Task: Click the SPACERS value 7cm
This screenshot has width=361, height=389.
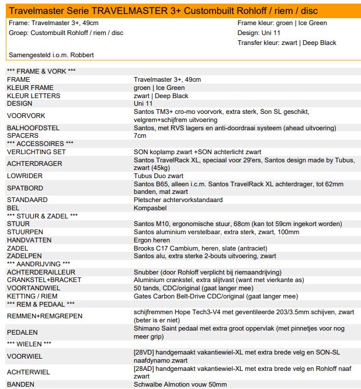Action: coord(140,136)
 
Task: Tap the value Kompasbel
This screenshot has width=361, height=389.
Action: coord(150,207)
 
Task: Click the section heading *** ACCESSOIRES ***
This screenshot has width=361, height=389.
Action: coord(40,143)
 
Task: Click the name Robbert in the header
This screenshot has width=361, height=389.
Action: coord(81,55)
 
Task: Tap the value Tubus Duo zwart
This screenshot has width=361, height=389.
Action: coord(158,175)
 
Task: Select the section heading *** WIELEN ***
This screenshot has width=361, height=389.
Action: coord(29,343)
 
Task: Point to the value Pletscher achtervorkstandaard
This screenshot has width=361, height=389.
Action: coord(178,200)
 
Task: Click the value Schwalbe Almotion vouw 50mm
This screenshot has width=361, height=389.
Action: coord(180,384)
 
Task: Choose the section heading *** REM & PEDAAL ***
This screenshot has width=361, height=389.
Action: coord(40,304)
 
